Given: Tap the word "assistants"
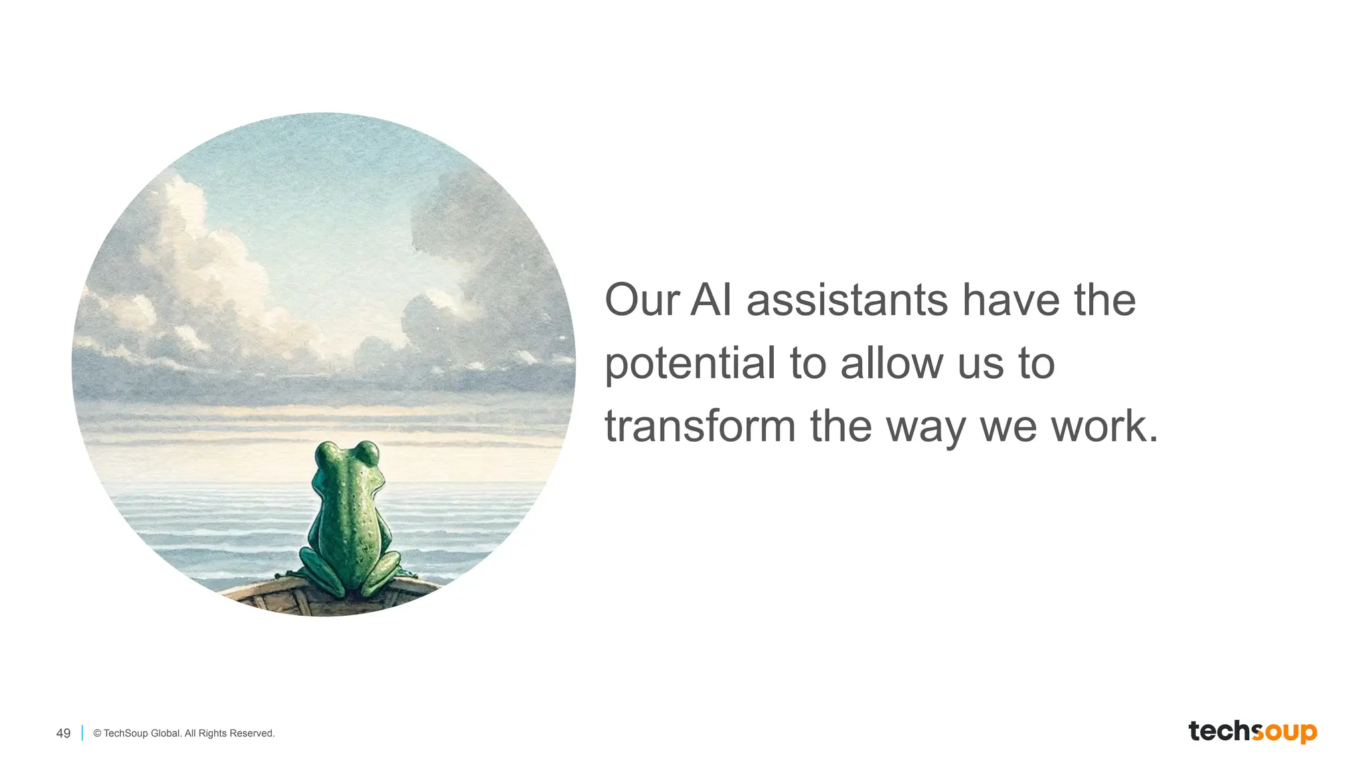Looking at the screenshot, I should click(x=847, y=301).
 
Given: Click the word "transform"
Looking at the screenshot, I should click(x=700, y=427).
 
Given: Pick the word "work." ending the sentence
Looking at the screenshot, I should click(x=1105, y=427).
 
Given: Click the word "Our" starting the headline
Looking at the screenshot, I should click(x=642, y=301).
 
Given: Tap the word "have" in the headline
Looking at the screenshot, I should click(x=1011, y=301).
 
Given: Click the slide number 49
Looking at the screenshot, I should click(x=63, y=734).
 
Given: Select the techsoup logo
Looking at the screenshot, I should click(x=1253, y=732).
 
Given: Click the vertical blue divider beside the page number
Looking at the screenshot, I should click(x=82, y=734).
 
